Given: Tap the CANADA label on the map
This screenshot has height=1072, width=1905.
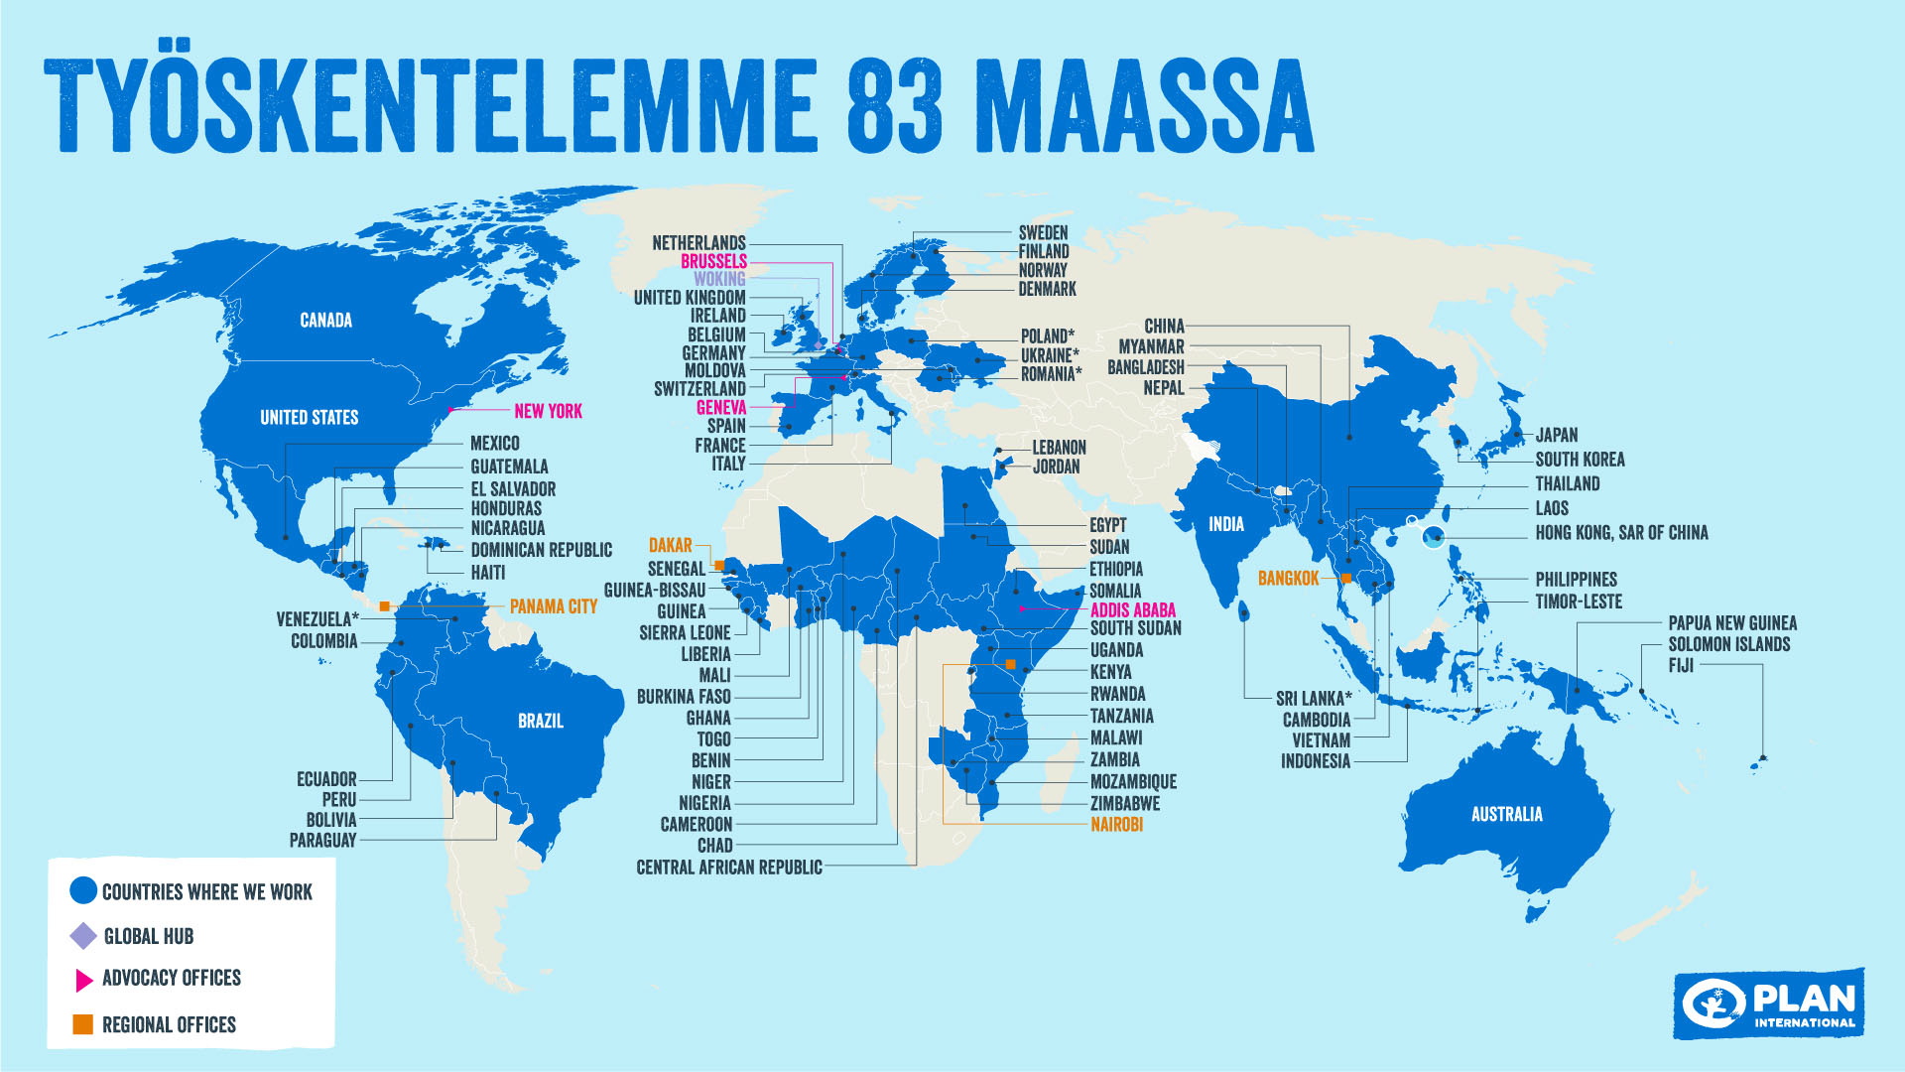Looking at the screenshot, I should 325,320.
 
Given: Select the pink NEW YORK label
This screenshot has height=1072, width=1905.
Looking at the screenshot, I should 548,411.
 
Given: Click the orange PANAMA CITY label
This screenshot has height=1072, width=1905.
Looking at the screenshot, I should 553,606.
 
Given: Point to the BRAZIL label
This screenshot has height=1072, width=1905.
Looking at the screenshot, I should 541,721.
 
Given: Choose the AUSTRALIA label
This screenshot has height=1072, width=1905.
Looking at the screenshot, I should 1506,814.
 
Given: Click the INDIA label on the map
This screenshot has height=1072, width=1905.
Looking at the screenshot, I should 1225,524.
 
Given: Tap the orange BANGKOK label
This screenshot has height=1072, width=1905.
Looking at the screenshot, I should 1288,578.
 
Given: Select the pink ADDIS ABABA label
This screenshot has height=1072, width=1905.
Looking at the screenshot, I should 1132,610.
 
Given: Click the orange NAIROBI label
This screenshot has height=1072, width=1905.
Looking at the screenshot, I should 1116,824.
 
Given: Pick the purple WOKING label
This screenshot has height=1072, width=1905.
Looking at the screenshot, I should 719,279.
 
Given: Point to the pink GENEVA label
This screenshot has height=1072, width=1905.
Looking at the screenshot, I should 721,407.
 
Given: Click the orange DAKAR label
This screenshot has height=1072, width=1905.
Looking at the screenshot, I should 670,545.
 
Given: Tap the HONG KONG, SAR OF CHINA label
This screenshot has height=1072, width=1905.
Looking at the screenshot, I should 1621,533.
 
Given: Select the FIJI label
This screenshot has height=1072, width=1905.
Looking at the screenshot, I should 1681,665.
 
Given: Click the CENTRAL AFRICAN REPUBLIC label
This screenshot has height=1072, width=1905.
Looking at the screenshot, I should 729,868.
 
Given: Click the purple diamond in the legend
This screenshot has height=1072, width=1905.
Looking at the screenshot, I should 83,936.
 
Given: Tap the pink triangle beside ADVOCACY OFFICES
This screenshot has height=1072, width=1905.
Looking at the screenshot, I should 83,980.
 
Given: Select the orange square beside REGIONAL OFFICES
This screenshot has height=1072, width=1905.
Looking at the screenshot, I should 83,1023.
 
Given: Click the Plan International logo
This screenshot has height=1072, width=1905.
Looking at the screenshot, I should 1769,1004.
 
